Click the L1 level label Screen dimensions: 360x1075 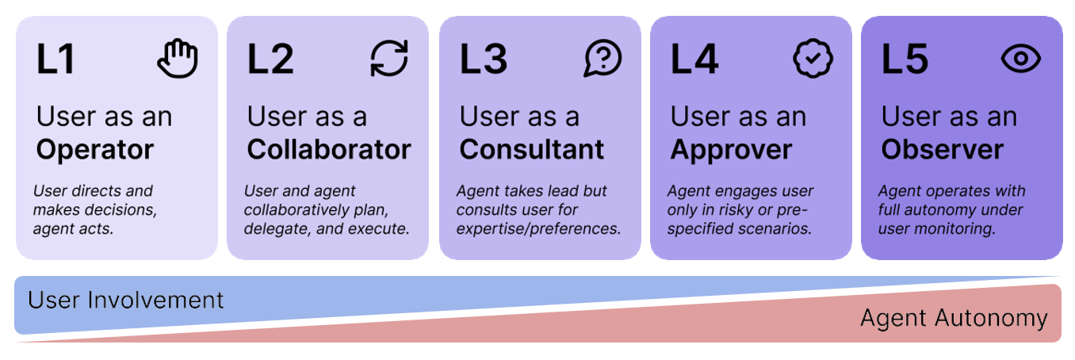click(55, 59)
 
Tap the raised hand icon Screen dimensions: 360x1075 click(177, 59)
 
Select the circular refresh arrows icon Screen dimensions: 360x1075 click(389, 59)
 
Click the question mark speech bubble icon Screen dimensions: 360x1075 click(603, 59)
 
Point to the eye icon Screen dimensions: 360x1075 click(1021, 59)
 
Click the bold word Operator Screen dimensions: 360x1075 click(94, 149)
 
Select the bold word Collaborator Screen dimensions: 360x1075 click(329, 149)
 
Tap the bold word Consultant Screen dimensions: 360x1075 click(532, 149)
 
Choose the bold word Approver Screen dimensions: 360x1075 click(731, 149)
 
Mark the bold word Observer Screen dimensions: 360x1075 click(942, 149)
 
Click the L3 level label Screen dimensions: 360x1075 click(483, 59)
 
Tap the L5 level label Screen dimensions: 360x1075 click(905, 59)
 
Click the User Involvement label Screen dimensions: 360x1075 click(125, 300)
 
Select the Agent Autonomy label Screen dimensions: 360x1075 click(954, 319)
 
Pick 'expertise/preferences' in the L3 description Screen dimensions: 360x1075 click(537, 229)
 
